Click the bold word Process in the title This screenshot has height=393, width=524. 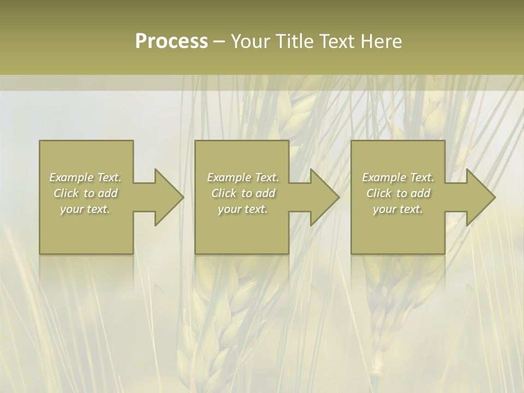171,41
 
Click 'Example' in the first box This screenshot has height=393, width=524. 71,177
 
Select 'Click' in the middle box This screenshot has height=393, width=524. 224,193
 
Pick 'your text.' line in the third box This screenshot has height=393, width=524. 398,209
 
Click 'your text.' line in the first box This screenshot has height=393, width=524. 86,209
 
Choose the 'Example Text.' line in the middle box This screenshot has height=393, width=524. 243,177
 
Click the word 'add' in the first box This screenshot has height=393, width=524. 108,193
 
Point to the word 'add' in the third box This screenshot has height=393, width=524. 420,193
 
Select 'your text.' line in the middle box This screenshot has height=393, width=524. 243,209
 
